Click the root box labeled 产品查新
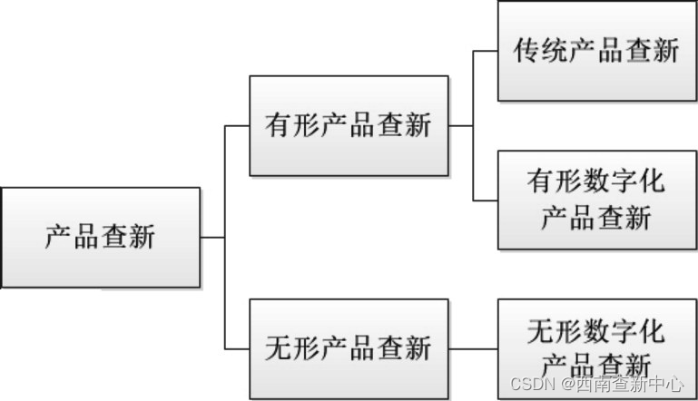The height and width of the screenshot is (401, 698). (x=100, y=238)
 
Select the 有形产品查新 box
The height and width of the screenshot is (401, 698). (x=349, y=125)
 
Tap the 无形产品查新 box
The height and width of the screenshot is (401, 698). (x=349, y=347)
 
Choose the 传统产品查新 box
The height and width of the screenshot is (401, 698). (x=597, y=50)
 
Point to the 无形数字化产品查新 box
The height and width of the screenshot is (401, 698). (x=597, y=347)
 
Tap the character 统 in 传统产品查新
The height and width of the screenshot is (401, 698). (x=555, y=50)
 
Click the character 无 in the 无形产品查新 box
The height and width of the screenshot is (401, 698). (x=279, y=347)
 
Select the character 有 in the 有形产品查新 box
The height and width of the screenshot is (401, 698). (x=279, y=125)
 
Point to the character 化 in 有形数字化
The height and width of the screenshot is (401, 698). (x=651, y=182)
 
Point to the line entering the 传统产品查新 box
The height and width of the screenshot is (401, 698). (x=486, y=51)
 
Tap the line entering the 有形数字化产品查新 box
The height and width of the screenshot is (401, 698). (x=486, y=200)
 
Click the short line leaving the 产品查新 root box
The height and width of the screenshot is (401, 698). (x=211, y=238)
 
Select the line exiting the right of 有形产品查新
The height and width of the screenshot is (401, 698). (x=460, y=125)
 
